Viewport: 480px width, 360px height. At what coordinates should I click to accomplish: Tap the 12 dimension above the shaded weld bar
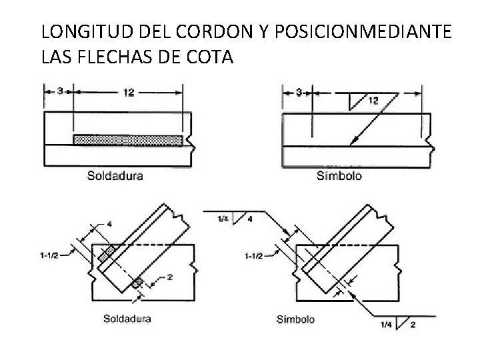click(128, 93)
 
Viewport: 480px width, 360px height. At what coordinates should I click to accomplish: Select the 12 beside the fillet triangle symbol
click(373, 100)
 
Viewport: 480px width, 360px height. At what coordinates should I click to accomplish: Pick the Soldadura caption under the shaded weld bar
click(115, 176)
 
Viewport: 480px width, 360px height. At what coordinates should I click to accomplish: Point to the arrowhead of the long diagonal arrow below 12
click(354, 141)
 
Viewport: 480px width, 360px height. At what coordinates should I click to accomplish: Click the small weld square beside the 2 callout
click(136, 283)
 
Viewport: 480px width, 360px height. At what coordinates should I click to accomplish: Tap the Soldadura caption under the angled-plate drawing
click(127, 319)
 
